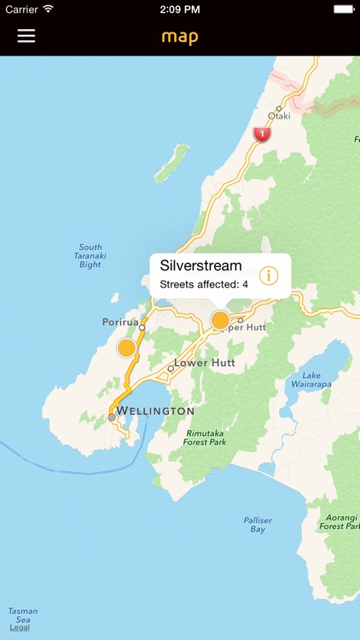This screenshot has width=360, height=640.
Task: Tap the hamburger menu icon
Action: pyautogui.click(x=26, y=36)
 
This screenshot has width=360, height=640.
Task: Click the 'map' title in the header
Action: pyautogui.click(x=180, y=37)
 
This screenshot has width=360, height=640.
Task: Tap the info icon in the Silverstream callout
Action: pyautogui.click(x=269, y=275)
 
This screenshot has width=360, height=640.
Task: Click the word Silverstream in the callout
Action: pyautogui.click(x=200, y=265)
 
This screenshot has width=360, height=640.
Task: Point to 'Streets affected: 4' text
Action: pyautogui.click(x=204, y=284)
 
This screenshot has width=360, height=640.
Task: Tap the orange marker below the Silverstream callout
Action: pyautogui.click(x=220, y=320)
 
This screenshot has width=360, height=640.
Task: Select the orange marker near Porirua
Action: pyautogui.click(x=127, y=347)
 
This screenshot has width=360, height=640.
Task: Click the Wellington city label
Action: pyautogui.click(x=155, y=411)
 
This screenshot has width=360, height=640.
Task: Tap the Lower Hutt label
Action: pyautogui.click(x=204, y=363)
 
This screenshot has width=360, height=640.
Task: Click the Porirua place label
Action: pyautogui.click(x=119, y=323)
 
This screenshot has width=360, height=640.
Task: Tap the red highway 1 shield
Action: pyautogui.click(x=262, y=134)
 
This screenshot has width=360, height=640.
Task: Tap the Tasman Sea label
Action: pyautogui.click(x=22, y=615)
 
